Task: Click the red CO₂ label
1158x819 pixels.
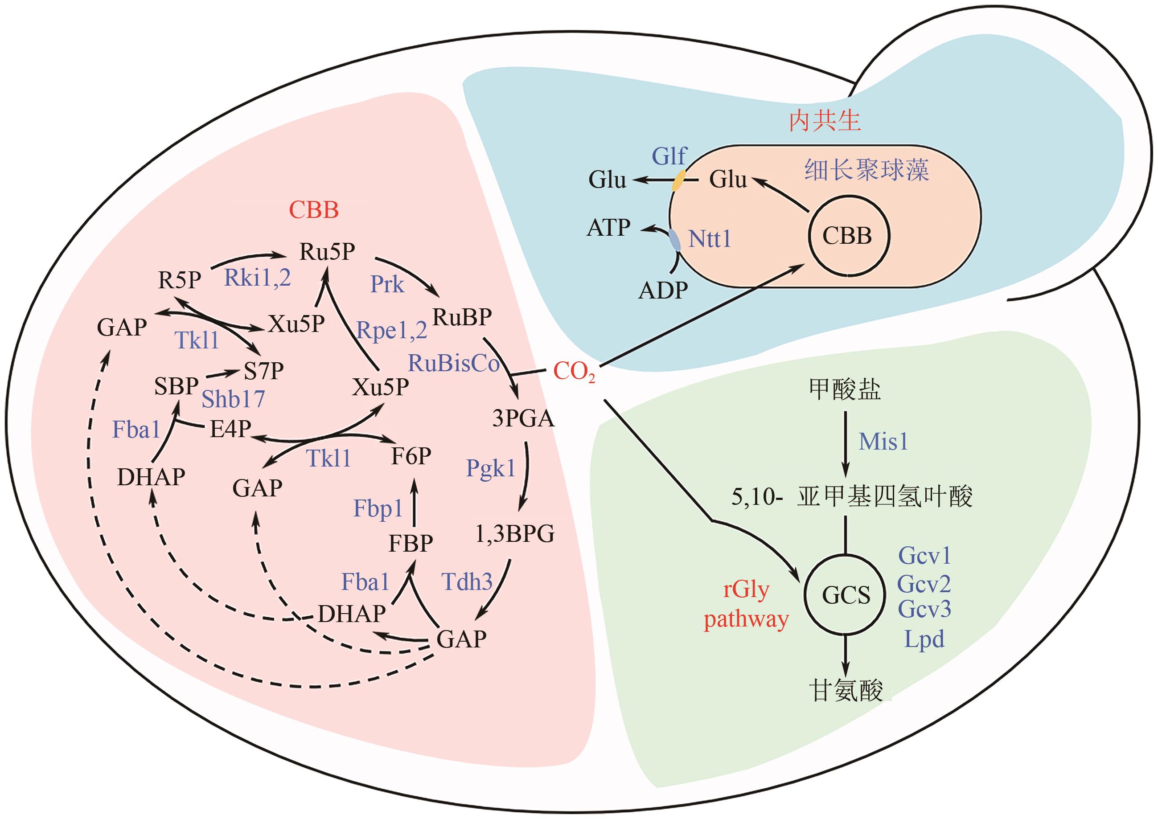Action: click(574, 372)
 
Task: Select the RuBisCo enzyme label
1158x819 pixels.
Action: click(453, 363)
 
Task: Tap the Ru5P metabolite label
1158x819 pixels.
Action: click(327, 251)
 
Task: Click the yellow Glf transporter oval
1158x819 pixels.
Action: click(679, 180)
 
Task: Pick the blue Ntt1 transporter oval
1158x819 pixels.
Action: click(675, 240)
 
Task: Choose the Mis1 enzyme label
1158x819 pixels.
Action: click(883, 442)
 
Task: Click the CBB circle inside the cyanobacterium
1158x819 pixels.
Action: click(848, 236)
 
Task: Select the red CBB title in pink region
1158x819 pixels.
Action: click(314, 210)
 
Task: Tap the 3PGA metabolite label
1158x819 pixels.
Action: click(523, 418)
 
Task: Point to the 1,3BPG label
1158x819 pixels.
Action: click(515, 533)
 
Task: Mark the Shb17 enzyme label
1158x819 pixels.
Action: click(233, 399)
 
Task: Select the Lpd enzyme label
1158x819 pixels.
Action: click(924, 639)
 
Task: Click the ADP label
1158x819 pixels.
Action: click(663, 290)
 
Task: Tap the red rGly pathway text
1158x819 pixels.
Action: click(747, 604)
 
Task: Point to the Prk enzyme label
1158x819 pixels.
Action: click(387, 284)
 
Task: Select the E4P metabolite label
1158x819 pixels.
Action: click(230, 429)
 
